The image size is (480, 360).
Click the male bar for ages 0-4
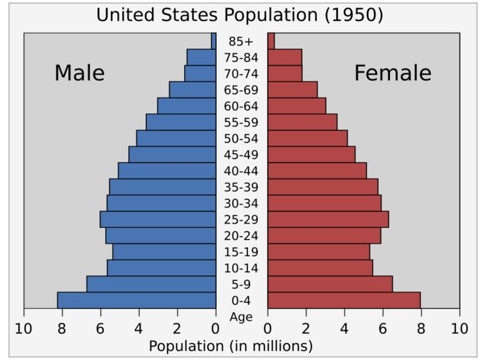pos(136,300)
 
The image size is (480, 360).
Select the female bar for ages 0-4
pos(344,300)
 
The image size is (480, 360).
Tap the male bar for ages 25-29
pos(158,219)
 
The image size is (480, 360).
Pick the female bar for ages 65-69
pos(292,89)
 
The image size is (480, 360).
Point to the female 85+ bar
pos(271,41)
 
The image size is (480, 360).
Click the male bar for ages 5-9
pos(151,284)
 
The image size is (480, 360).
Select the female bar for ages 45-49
pos(311,154)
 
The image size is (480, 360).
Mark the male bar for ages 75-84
pos(201,57)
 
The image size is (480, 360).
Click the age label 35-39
pos(241,187)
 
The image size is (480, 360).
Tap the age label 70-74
pos(241,73)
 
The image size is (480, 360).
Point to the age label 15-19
pos(241,252)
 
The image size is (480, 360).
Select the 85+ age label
pos(241,41)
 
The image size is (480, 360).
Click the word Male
pos(79,73)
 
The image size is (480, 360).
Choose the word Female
pos(392,73)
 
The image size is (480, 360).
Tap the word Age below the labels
pos(241,317)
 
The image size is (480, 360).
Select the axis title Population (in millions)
pos(231,346)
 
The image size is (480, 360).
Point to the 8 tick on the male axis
pos(62,328)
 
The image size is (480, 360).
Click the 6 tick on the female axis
pos(383,328)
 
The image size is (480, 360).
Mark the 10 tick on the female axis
pos(460,328)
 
